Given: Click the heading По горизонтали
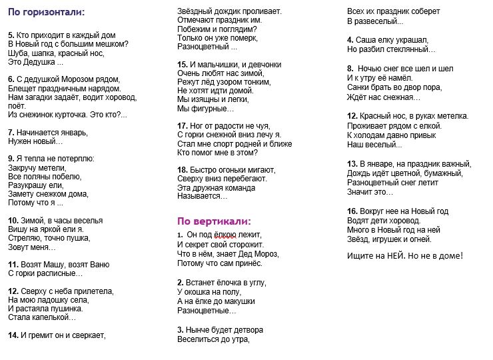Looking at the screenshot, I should click(x=47, y=12).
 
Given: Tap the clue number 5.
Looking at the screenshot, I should click(x=11, y=34).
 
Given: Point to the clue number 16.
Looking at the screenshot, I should click(x=352, y=211).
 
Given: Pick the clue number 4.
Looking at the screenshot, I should click(x=350, y=40).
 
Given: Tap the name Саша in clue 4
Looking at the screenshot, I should click(x=366, y=40).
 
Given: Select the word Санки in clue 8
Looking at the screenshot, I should click(x=358, y=87).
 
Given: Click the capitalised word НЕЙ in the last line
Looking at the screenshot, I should click(x=395, y=255).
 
